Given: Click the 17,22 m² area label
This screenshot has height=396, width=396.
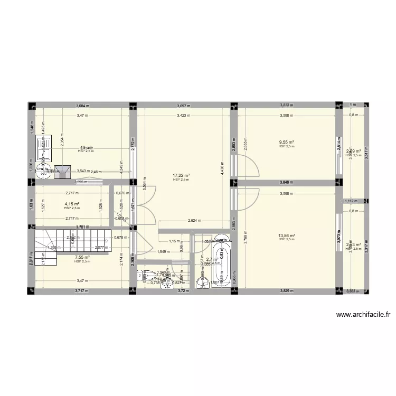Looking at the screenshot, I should coord(181,176).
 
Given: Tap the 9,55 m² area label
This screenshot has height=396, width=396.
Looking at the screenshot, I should coord(286,142).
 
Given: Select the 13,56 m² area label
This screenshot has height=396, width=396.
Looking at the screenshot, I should coord(286,235).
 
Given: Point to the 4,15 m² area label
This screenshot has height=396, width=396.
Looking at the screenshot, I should coord(72,204).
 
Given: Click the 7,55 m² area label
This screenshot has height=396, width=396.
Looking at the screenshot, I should coord(82,257).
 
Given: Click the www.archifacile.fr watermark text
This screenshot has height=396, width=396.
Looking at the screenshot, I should coord(364,315).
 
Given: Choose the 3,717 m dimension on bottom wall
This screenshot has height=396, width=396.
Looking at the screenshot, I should coord(81,291).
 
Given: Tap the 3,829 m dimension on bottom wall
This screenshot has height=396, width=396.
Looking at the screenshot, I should coord(286,291).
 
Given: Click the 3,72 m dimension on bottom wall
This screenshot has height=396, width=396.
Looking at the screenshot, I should coord(183,291).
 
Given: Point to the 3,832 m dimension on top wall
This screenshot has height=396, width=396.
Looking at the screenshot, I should coord(287,105).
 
